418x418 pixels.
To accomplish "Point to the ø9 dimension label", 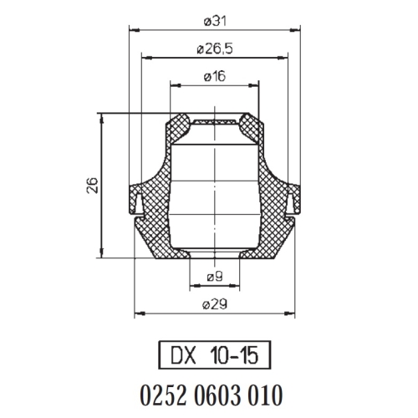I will click(215, 277).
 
